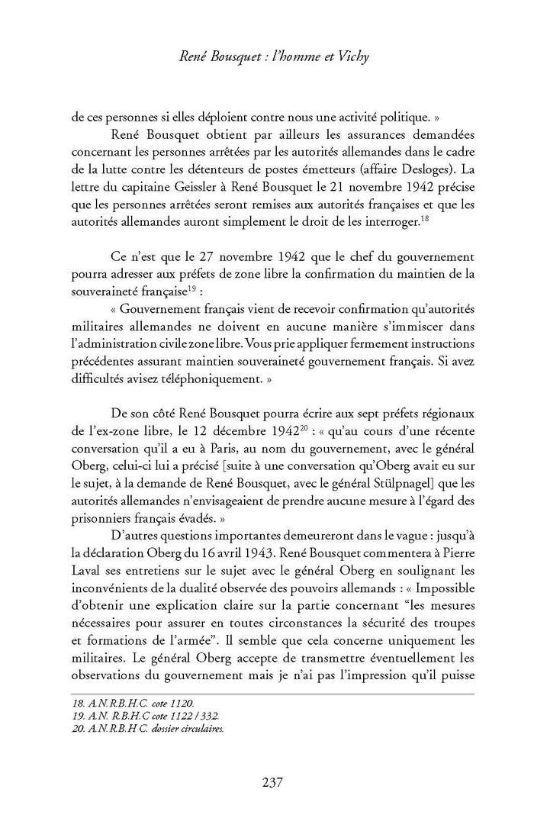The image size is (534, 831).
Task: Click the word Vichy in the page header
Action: (x=345, y=54)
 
